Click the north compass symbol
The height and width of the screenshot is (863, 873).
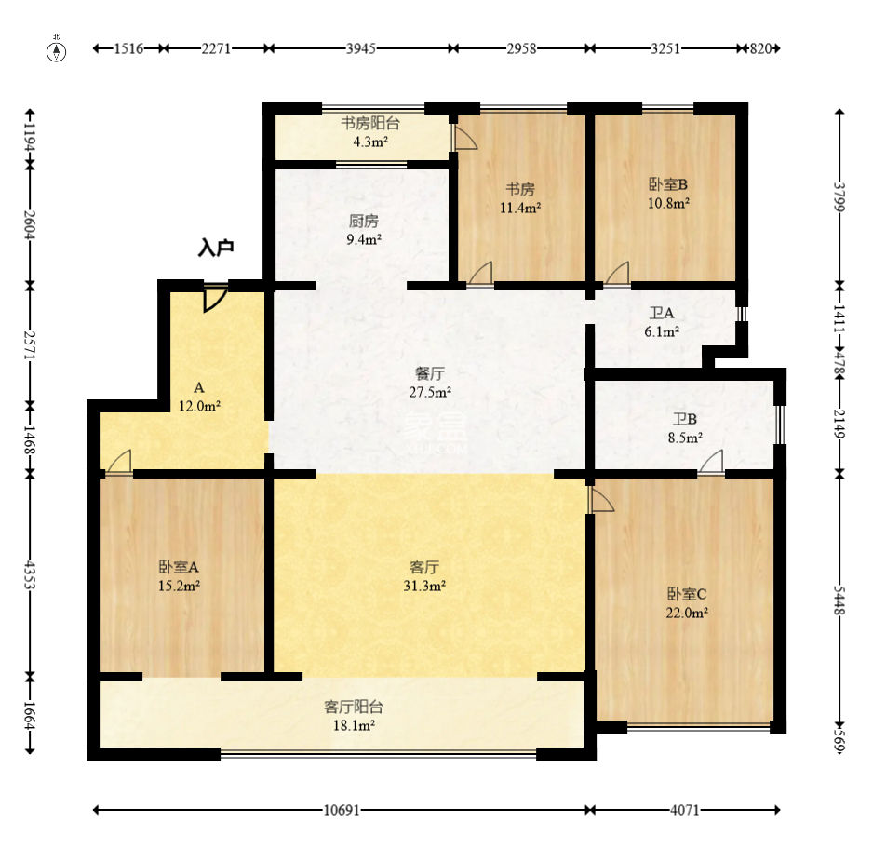tap(56, 50)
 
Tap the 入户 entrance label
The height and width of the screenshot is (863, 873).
tap(216, 248)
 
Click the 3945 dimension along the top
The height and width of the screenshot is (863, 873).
tap(361, 48)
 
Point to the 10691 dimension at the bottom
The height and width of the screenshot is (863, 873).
tap(342, 810)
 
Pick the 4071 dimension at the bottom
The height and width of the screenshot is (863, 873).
tap(684, 810)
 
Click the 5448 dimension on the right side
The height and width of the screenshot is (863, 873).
tap(839, 600)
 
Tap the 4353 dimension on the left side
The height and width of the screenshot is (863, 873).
tap(30, 575)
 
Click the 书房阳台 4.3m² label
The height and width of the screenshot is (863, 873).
tap(370, 132)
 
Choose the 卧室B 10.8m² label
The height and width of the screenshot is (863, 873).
tap(668, 194)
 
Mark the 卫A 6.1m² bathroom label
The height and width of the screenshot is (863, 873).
tap(662, 322)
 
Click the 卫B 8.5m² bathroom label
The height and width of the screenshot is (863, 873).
tap(685, 428)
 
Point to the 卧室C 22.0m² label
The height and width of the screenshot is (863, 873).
tap(687, 603)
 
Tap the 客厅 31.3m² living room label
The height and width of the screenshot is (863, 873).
tap(424, 576)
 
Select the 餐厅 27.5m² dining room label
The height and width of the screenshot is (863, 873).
tap(430, 383)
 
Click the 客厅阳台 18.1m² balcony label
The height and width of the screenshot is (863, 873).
tap(354, 716)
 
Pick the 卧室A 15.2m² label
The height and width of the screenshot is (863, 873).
tap(179, 576)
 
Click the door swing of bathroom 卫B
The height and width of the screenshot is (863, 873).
tap(712, 462)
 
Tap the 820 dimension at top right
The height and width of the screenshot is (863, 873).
tap(760, 48)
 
